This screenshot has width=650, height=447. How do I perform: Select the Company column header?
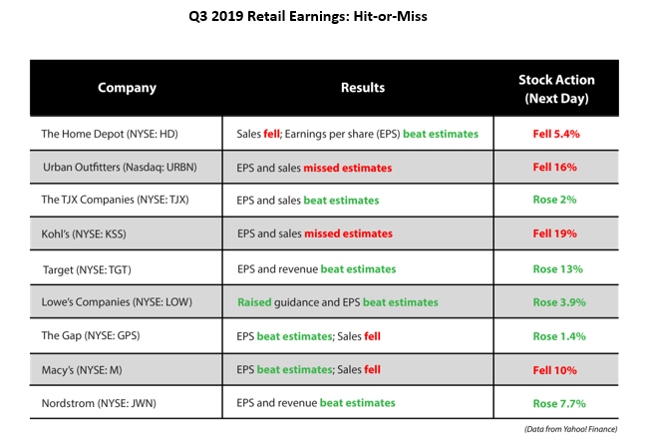[127, 88]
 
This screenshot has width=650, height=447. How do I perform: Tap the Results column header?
[362, 88]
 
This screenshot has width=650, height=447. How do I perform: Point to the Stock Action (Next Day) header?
[557, 88]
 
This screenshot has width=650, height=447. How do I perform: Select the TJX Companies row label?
[116, 200]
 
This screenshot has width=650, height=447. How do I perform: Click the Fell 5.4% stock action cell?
[557, 133]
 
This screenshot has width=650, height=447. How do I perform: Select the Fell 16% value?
[557, 167]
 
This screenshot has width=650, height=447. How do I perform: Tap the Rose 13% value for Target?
[557, 268]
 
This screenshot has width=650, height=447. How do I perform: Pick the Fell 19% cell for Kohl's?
[557, 233]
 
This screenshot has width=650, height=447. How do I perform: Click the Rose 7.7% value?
[557, 403]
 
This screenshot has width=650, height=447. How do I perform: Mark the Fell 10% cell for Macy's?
[557, 369]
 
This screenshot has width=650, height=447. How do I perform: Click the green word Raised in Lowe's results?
[256, 301]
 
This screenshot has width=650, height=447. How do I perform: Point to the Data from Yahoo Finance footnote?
[570, 429]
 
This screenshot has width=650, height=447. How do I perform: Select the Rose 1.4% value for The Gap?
[557, 335]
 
